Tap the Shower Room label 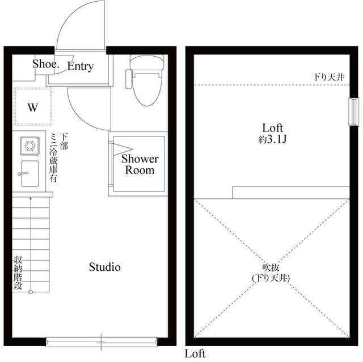pos(140,164)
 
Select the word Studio pos(105,267)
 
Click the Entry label pos(80,66)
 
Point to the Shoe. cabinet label pos(45,64)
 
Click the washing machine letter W pos(33,107)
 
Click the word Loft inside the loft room pos(272,127)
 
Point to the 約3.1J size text pos(272,139)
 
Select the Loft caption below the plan pos(195,354)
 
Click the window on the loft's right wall pos(352,112)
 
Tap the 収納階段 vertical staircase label pos(18,274)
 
